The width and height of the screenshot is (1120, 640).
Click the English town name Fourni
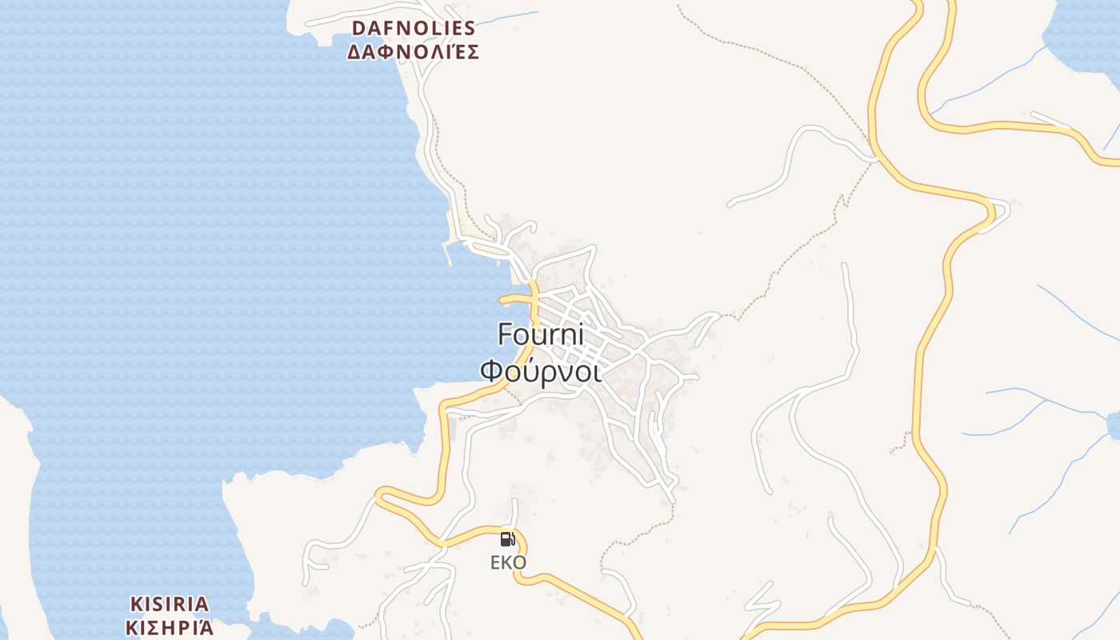[x=541, y=334]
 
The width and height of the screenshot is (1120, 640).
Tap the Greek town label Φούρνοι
[x=541, y=372]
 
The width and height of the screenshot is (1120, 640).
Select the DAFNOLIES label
[x=414, y=28]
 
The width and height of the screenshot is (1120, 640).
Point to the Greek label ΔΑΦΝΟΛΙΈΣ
[x=413, y=53]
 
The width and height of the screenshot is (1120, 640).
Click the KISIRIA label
[x=170, y=604]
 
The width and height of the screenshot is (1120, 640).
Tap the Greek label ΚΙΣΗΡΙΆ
[x=170, y=627]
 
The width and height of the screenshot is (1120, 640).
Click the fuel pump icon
[x=507, y=539]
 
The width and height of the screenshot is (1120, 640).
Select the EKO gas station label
[x=508, y=563]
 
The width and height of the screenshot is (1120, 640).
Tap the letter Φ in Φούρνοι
[x=490, y=373]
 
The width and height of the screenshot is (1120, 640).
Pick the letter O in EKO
[x=519, y=563]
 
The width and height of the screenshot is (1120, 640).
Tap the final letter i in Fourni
[x=580, y=334]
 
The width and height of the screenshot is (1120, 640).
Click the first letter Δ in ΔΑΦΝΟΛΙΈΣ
[x=354, y=53]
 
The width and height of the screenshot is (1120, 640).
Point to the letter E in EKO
[x=496, y=563]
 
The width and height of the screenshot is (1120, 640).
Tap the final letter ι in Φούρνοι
[x=597, y=373]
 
